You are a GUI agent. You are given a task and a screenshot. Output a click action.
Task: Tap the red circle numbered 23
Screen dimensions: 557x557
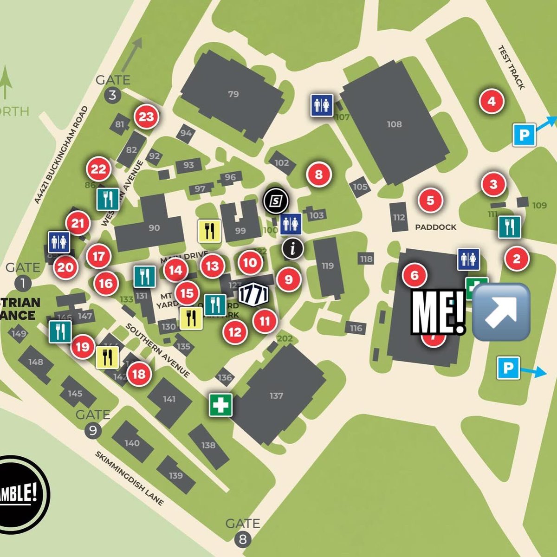[x=146, y=117]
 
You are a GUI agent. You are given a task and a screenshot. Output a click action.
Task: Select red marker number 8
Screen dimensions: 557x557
[x=318, y=175]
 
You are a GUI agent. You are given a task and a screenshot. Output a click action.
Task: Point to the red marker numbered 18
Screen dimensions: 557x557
[x=139, y=374]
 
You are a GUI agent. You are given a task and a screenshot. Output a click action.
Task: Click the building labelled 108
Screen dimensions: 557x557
[x=394, y=124]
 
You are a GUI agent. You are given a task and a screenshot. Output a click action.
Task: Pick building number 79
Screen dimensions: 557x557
[x=233, y=94]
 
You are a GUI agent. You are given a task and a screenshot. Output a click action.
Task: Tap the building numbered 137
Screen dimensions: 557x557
[x=276, y=395]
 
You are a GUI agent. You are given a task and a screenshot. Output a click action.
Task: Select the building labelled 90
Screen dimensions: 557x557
[x=154, y=227]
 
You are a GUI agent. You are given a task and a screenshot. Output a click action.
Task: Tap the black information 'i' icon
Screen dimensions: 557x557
[x=293, y=248]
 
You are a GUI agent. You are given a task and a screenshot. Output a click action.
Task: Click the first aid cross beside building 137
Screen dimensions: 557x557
[x=220, y=405]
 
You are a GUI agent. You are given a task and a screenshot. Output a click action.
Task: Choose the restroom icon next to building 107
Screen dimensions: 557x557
[x=322, y=104]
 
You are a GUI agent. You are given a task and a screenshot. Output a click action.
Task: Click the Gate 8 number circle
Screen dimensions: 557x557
[x=242, y=539]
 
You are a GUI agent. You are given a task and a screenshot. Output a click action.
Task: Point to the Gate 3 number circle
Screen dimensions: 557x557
[x=112, y=96]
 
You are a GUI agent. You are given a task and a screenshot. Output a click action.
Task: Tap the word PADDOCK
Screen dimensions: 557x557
[x=435, y=227]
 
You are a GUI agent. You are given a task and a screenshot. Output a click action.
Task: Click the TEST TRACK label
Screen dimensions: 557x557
[x=511, y=67]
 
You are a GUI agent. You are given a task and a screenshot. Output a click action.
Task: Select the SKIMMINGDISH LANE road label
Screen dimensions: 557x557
[x=130, y=478]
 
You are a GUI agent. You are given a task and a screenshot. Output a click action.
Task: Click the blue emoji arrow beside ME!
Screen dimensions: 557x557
[x=501, y=312]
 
